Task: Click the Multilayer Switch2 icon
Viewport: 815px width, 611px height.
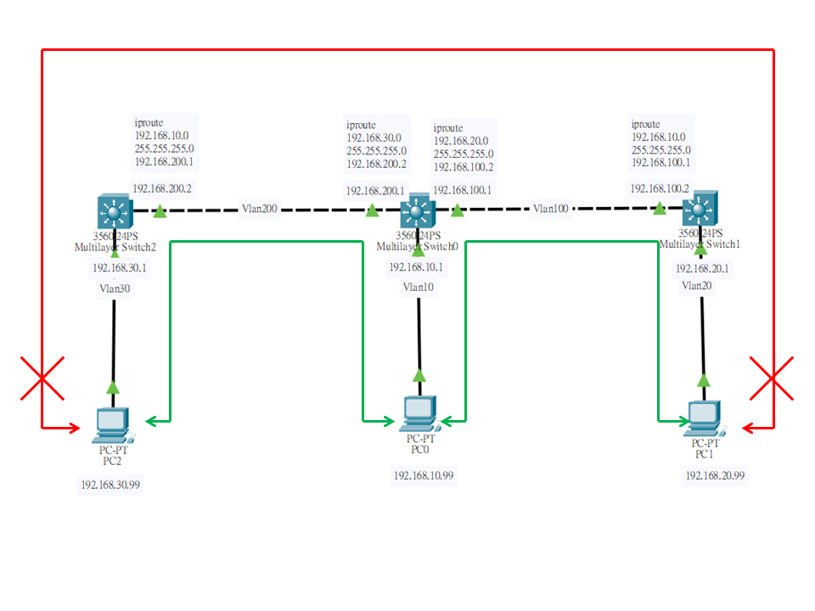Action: click(115, 211)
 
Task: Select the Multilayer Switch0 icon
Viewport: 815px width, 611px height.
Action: click(418, 210)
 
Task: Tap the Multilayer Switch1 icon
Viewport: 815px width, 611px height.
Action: click(700, 208)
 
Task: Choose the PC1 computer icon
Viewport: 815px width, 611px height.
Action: click(705, 418)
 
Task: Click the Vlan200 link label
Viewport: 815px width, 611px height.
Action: click(260, 209)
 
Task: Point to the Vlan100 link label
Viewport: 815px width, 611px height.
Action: click(550, 209)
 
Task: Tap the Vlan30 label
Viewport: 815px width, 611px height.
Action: click(115, 289)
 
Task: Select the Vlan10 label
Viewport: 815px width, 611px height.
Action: click(419, 287)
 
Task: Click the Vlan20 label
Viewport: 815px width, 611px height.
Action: click(696, 285)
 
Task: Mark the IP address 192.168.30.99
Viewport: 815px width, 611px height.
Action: click(110, 485)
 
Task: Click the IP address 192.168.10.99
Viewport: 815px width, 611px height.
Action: click(424, 475)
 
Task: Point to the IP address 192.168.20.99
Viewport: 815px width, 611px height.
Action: click(715, 475)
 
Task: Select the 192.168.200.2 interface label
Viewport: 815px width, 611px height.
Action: click(162, 188)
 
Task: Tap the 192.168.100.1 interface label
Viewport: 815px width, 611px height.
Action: click(462, 190)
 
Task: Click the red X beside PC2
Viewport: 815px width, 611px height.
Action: click(42, 378)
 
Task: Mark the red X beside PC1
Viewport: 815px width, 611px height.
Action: click(772, 378)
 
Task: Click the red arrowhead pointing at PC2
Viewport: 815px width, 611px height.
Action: click(74, 428)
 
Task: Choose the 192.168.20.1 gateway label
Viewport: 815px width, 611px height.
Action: click(702, 269)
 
